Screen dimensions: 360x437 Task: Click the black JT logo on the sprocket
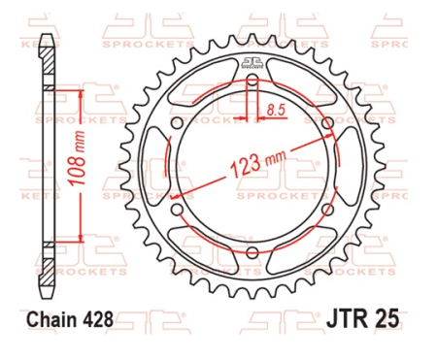point(252,64)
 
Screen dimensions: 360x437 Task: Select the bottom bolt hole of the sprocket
point(252,254)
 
